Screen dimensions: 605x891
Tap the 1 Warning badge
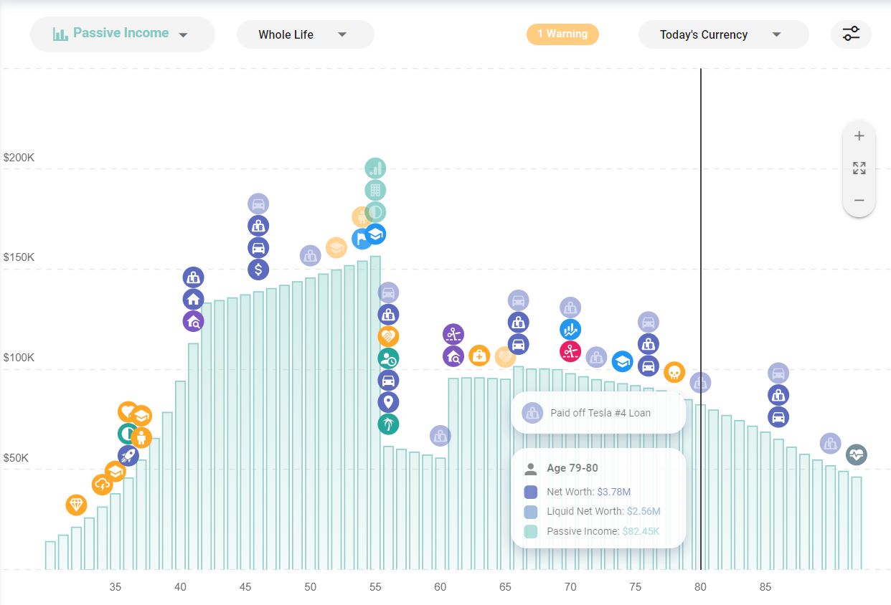pos(562,34)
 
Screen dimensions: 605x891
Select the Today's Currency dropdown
pos(722,34)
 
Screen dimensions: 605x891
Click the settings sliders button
pos(851,34)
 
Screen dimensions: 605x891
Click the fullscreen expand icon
pos(859,168)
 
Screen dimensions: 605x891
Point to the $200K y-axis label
pos(19,157)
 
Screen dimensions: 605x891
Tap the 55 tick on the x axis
pos(375,587)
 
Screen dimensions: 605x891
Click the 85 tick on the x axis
pos(765,587)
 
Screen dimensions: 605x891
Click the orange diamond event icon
pos(76,505)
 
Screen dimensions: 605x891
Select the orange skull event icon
pos(674,372)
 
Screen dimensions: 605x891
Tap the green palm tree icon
pos(388,424)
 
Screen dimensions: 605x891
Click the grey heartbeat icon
pos(856,454)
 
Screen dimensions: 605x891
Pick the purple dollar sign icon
pos(258,270)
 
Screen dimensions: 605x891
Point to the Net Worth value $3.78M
pos(613,492)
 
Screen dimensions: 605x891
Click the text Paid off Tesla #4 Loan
pos(600,413)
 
